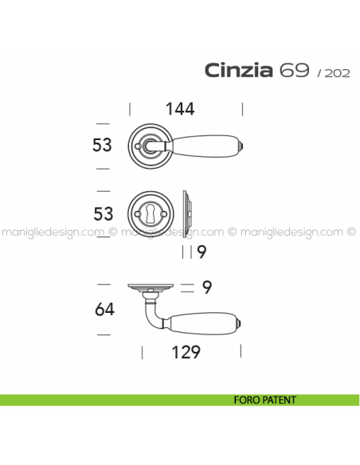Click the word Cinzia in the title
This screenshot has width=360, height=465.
(238, 71)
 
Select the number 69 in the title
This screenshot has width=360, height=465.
(295, 70)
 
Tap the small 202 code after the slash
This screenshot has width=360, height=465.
(338, 73)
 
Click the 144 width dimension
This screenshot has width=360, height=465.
(180, 109)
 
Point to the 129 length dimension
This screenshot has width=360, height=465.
(186, 352)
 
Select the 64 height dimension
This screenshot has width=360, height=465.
(104, 309)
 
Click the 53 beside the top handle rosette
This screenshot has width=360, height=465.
(102, 145)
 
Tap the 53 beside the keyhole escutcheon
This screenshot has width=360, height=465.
(104, 214)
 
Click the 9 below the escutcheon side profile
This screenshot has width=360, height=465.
(202, 252)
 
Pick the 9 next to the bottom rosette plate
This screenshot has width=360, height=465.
(207, 287)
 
